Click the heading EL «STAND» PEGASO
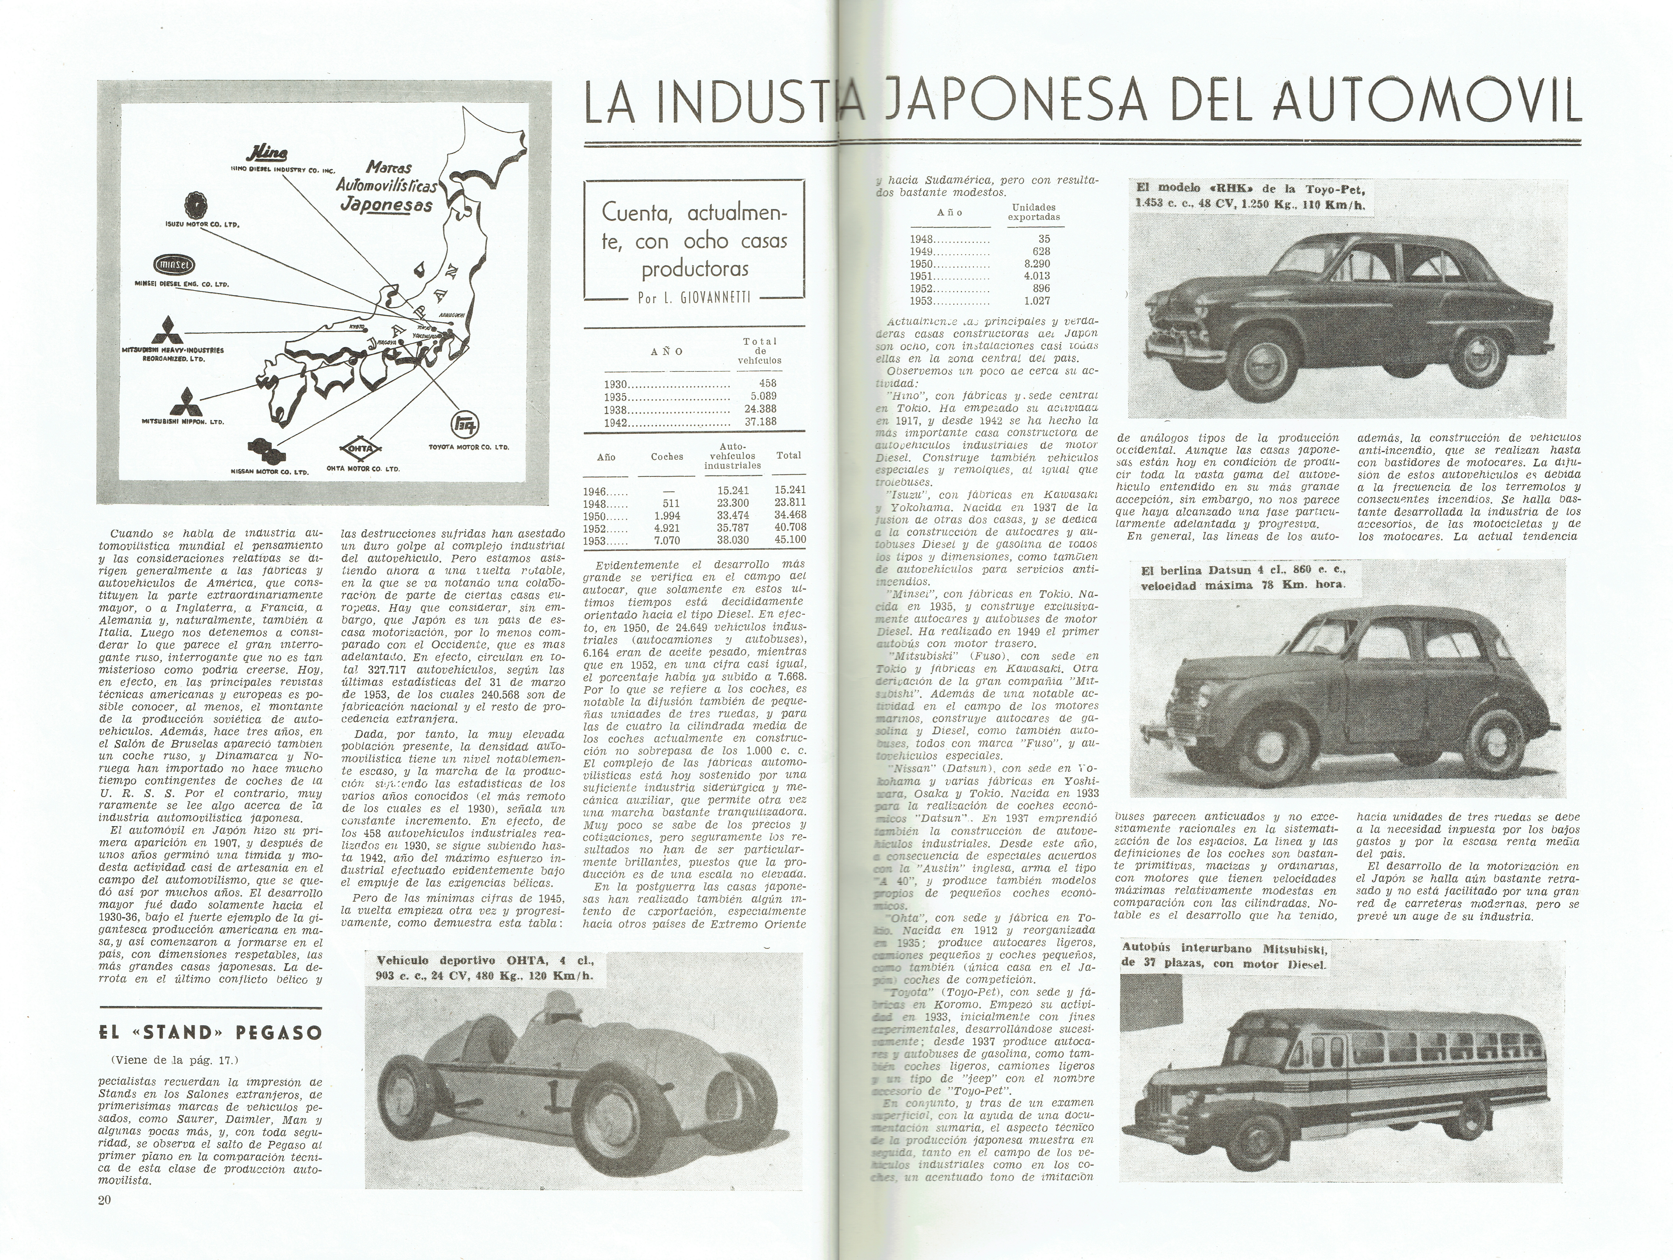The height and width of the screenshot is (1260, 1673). click(210, 1032)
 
